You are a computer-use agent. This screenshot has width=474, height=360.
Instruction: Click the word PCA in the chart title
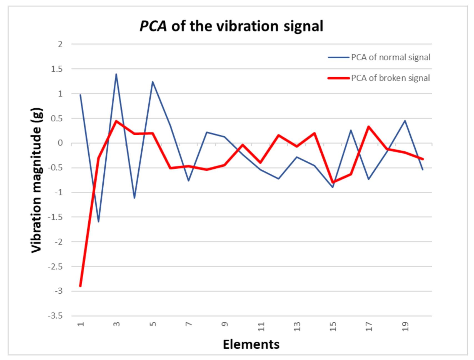153,26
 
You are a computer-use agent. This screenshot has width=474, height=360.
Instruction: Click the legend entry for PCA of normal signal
390,57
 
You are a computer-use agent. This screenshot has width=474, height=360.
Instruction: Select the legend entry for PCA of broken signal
390,78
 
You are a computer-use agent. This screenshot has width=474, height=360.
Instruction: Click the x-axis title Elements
251,344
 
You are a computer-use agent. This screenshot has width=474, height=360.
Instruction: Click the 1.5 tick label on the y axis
57,69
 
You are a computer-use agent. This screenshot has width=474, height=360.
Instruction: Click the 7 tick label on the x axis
189,324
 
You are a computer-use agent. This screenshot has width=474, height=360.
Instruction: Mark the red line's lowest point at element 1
80,286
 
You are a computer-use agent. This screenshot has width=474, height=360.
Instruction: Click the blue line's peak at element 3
116,74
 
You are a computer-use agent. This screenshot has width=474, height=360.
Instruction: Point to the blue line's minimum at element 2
98,222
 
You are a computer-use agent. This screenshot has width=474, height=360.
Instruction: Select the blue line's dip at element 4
134,198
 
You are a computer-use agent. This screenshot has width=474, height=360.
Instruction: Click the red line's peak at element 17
369,127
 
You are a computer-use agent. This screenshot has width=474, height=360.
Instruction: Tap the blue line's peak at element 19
405,121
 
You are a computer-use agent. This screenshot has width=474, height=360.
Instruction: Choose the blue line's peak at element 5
153,82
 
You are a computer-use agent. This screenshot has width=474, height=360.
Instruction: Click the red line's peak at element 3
116,121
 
